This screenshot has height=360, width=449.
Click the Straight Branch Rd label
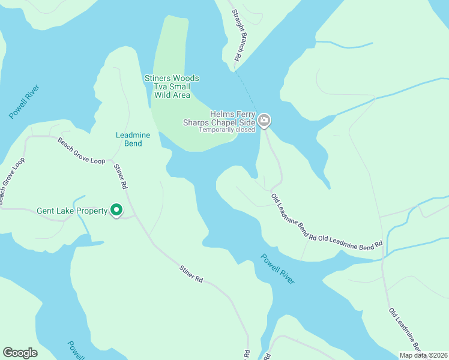coord(235,35)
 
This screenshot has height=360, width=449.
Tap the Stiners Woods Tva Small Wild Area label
coord(172,86)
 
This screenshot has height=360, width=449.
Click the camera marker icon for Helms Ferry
coord(265,121)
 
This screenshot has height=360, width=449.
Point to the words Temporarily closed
coord(227,130)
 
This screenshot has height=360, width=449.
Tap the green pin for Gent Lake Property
coord(117,210)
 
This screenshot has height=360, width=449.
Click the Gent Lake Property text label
coord(72,211)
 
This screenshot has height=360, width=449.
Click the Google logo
coord(20,353)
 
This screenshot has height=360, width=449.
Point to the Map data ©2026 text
coord(423,355)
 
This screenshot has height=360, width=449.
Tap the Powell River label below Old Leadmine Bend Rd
coord(277,269)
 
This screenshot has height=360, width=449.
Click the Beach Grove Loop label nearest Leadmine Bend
coord(81,151)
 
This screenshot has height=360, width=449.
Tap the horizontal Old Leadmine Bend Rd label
coord(351,241)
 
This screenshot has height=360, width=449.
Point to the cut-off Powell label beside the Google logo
coord(76,349)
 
